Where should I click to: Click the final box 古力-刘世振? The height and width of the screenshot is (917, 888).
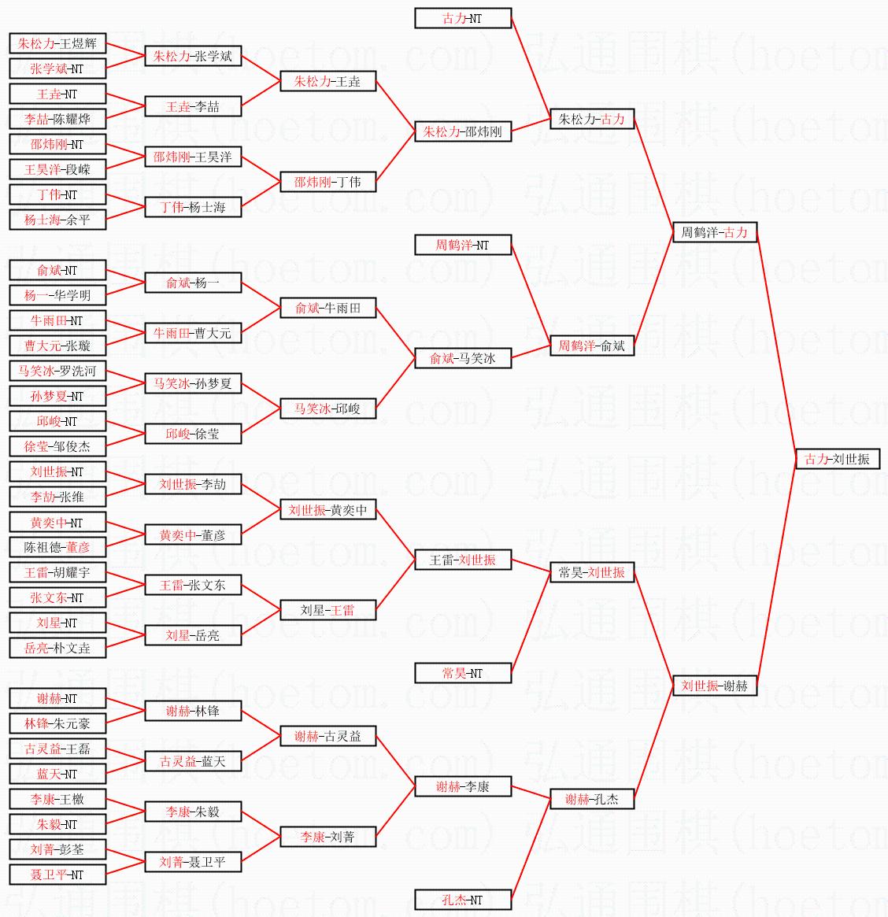pos(837,459)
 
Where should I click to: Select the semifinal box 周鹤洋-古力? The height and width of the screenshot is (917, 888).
pos(714,232)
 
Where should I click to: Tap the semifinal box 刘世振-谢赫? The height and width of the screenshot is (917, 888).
pos(714,686)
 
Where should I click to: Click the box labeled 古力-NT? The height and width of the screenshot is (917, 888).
pos(463,18)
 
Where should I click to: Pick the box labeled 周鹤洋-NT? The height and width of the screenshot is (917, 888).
pos(463,245)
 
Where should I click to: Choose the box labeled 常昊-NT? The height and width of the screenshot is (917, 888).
pos(463,673)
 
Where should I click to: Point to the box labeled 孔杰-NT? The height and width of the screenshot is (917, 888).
pos(463,900)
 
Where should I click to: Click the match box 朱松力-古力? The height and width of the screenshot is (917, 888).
pos(591,119)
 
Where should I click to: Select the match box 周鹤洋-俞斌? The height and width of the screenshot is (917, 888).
pos(591,346)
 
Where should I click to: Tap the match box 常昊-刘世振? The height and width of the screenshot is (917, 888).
pos(591,572)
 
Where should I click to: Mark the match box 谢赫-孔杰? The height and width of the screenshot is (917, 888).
pos(591,799)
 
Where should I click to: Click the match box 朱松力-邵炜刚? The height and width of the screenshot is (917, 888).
pos(463,131)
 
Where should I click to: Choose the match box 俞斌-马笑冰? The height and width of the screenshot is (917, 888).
pos(463,358)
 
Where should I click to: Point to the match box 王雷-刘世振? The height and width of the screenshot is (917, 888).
pos(463,560)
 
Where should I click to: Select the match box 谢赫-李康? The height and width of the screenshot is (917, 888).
pos(463,786)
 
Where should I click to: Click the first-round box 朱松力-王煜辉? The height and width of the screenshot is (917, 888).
pos(57,43)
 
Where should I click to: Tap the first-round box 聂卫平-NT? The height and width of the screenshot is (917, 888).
pos(57,874)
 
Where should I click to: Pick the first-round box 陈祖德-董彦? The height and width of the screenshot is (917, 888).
pos(57,547)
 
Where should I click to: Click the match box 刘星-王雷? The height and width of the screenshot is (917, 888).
pos(327,610)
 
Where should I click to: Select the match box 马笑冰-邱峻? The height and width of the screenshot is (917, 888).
pos(327,409)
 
